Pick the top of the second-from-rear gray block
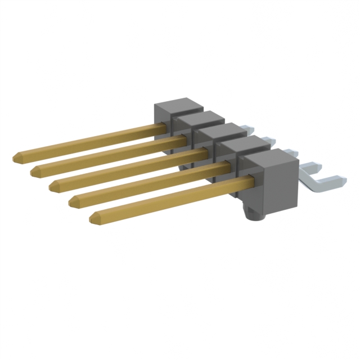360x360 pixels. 193,118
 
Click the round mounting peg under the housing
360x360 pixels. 250,212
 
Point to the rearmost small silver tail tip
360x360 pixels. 248,129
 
